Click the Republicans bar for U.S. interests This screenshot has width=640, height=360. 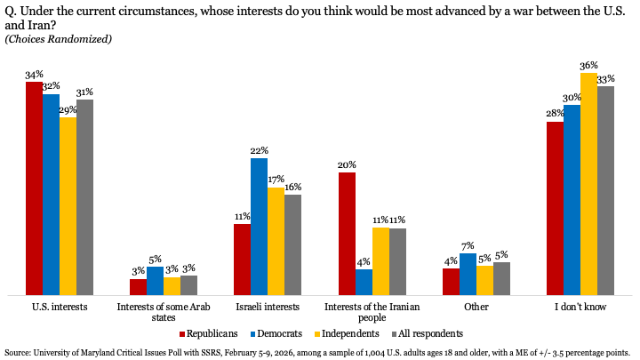(x=34, y=188)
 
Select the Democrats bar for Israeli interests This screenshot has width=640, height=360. (x=259, y=226)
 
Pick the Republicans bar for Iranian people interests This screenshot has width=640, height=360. (x=346, y=233)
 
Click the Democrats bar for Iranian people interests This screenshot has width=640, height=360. (x=364, y=282)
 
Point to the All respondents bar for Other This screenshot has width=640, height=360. (x=501, y=278)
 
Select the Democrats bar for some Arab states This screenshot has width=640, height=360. (x=155, y=280)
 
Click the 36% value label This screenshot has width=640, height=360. (x=588, y=66)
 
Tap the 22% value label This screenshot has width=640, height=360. (x=259, y=151)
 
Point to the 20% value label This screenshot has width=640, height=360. (x=346, y=165)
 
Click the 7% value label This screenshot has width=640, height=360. (x=468, y=246)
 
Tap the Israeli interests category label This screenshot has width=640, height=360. (x=268, y=307)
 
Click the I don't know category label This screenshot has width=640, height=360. (x=580, y=307)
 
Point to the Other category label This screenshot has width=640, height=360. (x=476, y=307)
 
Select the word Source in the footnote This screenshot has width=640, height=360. (x=20, y=352)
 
